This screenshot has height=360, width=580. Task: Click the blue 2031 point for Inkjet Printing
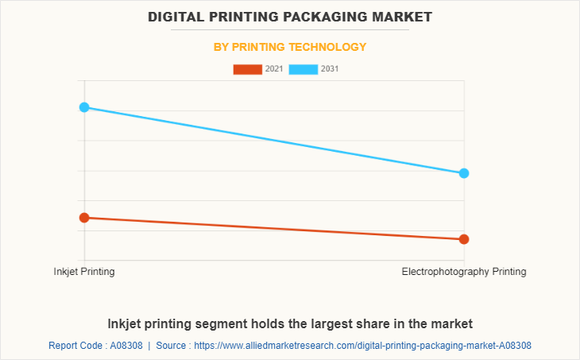[84, 107]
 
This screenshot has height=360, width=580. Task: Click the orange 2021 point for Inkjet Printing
[84, 217]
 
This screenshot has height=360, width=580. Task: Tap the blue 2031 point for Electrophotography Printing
[464, 173]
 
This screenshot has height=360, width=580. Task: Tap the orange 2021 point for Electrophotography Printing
[464, 239]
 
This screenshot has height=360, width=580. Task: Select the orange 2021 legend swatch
[247, 69]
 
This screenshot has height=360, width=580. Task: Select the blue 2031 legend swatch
[303, 69]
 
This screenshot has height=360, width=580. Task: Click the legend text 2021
[274, 69]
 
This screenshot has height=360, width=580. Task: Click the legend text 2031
[330, 69]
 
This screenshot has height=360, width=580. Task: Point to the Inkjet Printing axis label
[84, 272]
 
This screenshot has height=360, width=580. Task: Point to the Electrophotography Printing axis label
[464, 272]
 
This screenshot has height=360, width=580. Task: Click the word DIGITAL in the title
[179, 16]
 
